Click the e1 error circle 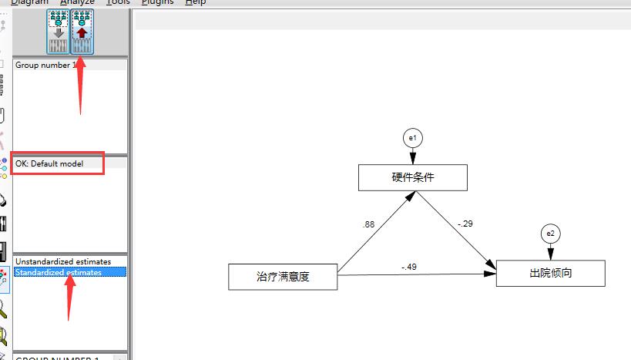click(412, 138)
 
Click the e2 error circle click(550, 234)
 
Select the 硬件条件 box click(412, 177)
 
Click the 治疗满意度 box click(283, 276)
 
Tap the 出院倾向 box click(550, 273)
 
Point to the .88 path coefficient click(368, 224)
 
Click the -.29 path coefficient click(465, 224)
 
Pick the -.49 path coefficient click(408, 267)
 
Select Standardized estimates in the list click(58, 272)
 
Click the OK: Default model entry click(49, 163)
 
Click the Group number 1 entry click(46, 66)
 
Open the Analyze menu click(76, 2)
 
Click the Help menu click(196, 2)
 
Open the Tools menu click(118, 2)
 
